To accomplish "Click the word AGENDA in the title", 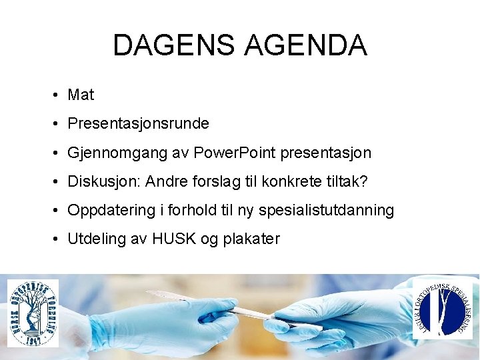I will (x=306, y=45).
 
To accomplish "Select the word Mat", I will (x=81, y=95).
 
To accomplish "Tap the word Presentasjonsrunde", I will (x=138, y=124).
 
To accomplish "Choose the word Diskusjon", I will (x=103, y=182).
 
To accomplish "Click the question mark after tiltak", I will (x=364, y=182).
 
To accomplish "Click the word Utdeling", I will (x=93, y=239).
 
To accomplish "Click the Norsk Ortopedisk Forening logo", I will (x=33, y=312).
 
